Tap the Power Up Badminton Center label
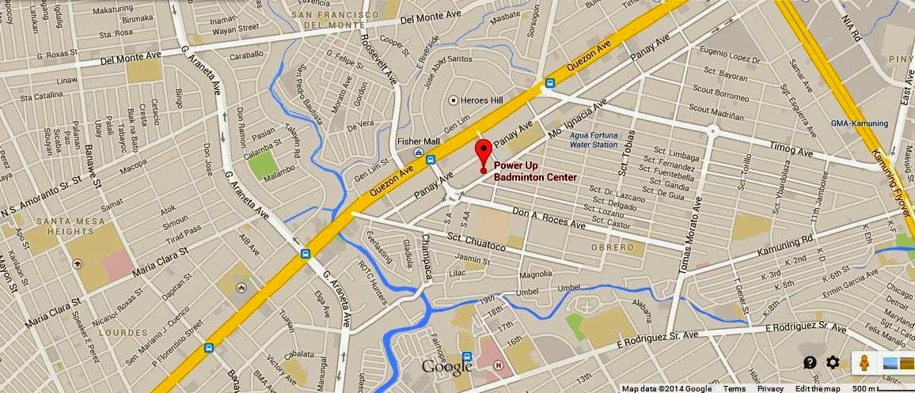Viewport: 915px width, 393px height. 535,172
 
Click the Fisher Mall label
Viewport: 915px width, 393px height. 412,142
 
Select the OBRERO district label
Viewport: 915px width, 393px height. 613,248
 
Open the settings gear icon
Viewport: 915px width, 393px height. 833,362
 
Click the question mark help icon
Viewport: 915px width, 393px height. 810,362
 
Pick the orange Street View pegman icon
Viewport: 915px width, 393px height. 865,363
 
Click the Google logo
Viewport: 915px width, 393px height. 447,367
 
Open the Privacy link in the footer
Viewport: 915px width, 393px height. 770,388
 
